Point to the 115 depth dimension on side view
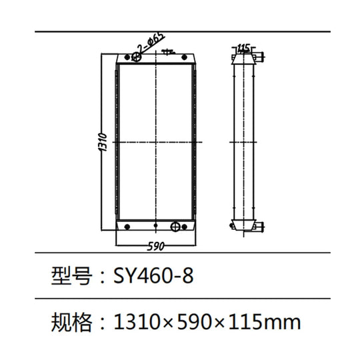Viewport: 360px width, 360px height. click(243, 47)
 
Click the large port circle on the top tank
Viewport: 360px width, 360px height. click(138, 59)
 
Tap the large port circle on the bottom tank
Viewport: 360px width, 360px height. click(176, 226)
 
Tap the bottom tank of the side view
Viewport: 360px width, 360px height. click(243, 225)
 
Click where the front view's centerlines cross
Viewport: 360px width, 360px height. click(155, 143)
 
